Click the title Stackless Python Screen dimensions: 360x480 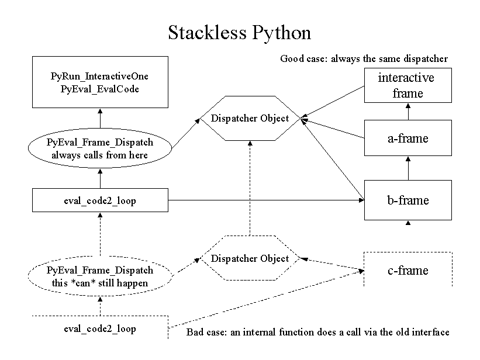pyautogui.click(x=239, y=33)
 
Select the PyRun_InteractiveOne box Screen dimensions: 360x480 pyautogui.click(x=99, y=82)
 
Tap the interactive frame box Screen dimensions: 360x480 pyautogui.click(x=408, y=85)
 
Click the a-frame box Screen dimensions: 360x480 pyautogui.click(x=408, y=139)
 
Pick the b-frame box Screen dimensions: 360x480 pyautogui.click(x=408, y=200)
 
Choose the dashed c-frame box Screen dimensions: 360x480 pyautogui.click(x=408, y=270)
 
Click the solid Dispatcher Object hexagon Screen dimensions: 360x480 pyautogui.click(x=250, y=118)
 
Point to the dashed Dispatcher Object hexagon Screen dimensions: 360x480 pyautogui.click(x=250, y=258)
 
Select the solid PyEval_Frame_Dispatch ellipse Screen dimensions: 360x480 pyautogui.click(x=99, y=148)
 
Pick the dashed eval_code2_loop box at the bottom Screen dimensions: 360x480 pyautogui.click(x=99, y=329)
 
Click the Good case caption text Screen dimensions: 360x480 pyautogui.click(x=364, y=58)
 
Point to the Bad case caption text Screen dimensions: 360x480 pyautogui.click(x=318, y=333)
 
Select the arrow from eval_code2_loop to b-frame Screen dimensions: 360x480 pyautogui.click(x=263, y=200)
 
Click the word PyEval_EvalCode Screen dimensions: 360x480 pyautogui.click(x=99, y=88)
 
